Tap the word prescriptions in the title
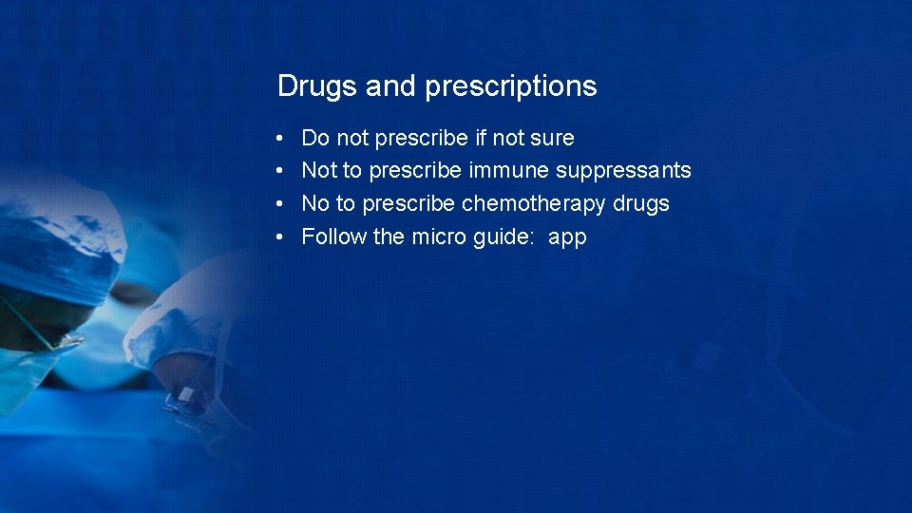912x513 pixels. click(x=511, y=87)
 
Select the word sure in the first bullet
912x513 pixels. click(x=552, y=139)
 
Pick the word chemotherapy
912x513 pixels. click(x=533, y=204)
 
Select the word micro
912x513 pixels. click(x=440, y=237)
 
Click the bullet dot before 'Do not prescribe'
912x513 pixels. click(x=282, y=139)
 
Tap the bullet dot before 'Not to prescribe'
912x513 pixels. click(x=282, y=172)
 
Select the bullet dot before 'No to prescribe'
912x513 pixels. click(x=282, y=204)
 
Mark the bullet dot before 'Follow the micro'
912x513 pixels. click(x=282, y=237)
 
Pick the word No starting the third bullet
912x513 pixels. click(x=314, y=204)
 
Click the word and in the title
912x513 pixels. click(x=390, y=87)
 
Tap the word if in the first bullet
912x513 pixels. click(x=481, y=139)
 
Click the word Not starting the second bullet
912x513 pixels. click(x=319, y=171)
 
